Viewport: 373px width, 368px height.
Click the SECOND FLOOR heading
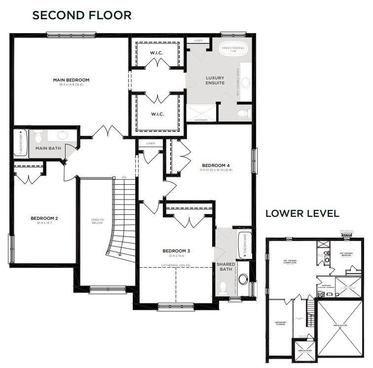pos(81,15)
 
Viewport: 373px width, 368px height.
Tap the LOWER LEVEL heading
pos(302,213)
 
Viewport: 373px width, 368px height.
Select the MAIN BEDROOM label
pos(72,80)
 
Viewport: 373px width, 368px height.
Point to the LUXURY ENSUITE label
pos(215,80)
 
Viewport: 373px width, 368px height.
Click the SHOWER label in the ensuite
pos(201,120)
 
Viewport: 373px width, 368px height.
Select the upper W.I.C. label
pos(157,53)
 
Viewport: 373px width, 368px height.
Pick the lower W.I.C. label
pos(157,114)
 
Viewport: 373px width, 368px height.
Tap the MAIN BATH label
pos(47,148)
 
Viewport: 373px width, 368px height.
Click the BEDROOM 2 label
pos(44,218)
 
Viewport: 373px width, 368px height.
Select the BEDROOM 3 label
pos(176,251)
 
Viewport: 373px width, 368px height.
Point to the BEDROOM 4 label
pos(216,165)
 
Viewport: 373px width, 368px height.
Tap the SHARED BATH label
pos(226,267)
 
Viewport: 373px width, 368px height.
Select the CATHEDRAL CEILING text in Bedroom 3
pos(176,265)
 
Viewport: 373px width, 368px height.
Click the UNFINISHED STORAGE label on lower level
pos(280,324)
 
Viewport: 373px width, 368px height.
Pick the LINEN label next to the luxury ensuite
pos(198,41)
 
